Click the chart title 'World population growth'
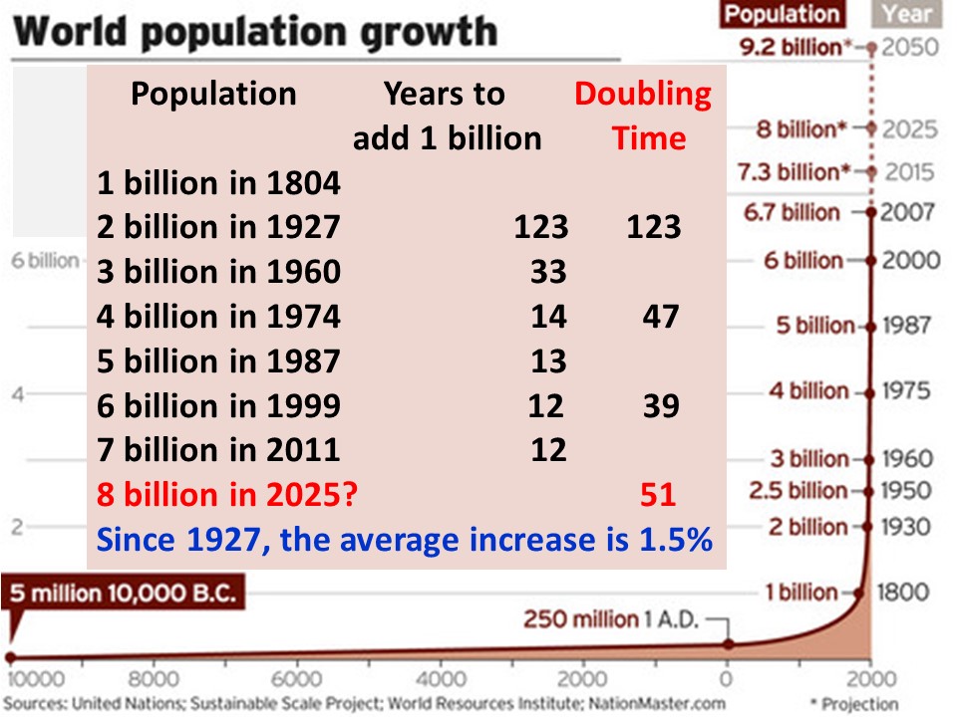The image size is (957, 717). point(257,32)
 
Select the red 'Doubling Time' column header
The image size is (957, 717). point(644,116)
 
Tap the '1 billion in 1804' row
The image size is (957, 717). point(219,183)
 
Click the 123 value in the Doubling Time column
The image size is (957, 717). point(653,227)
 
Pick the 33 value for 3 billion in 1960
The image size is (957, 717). point(548,271)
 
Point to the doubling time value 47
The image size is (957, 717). point(660,317)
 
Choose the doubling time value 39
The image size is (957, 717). point(660,405)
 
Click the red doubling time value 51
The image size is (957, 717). point(658,494)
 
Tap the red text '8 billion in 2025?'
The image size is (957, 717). point(226,494)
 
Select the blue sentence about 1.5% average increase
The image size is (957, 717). point(404,540)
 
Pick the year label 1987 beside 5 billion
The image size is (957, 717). point(907,326)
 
